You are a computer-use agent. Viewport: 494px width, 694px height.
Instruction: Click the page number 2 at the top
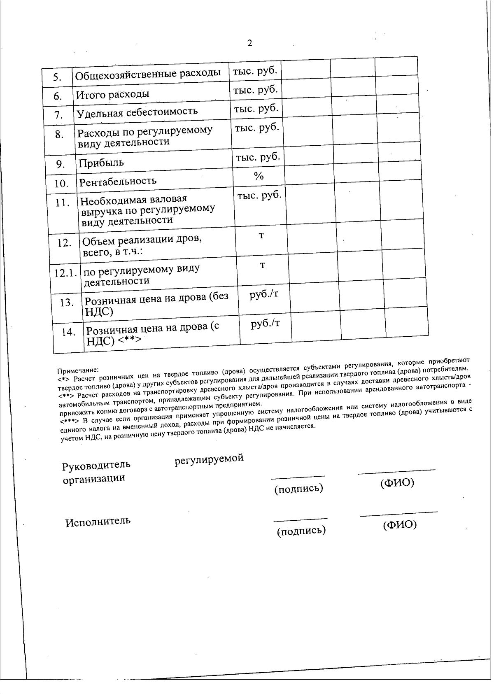(249, 43)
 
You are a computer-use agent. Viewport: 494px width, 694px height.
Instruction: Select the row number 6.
(58, 96)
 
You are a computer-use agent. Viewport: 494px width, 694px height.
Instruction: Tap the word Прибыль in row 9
(101, 163)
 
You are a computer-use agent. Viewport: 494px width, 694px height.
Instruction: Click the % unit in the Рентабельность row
(259, 176)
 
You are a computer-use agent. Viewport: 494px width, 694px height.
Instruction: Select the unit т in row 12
(261, 235)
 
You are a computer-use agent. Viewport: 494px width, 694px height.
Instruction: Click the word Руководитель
(96, 465)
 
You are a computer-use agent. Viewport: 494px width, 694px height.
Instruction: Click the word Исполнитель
(98, 521)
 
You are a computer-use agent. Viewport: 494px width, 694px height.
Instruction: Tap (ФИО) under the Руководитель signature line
(397, 483)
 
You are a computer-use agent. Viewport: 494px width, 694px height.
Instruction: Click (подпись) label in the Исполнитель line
(301, 531)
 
